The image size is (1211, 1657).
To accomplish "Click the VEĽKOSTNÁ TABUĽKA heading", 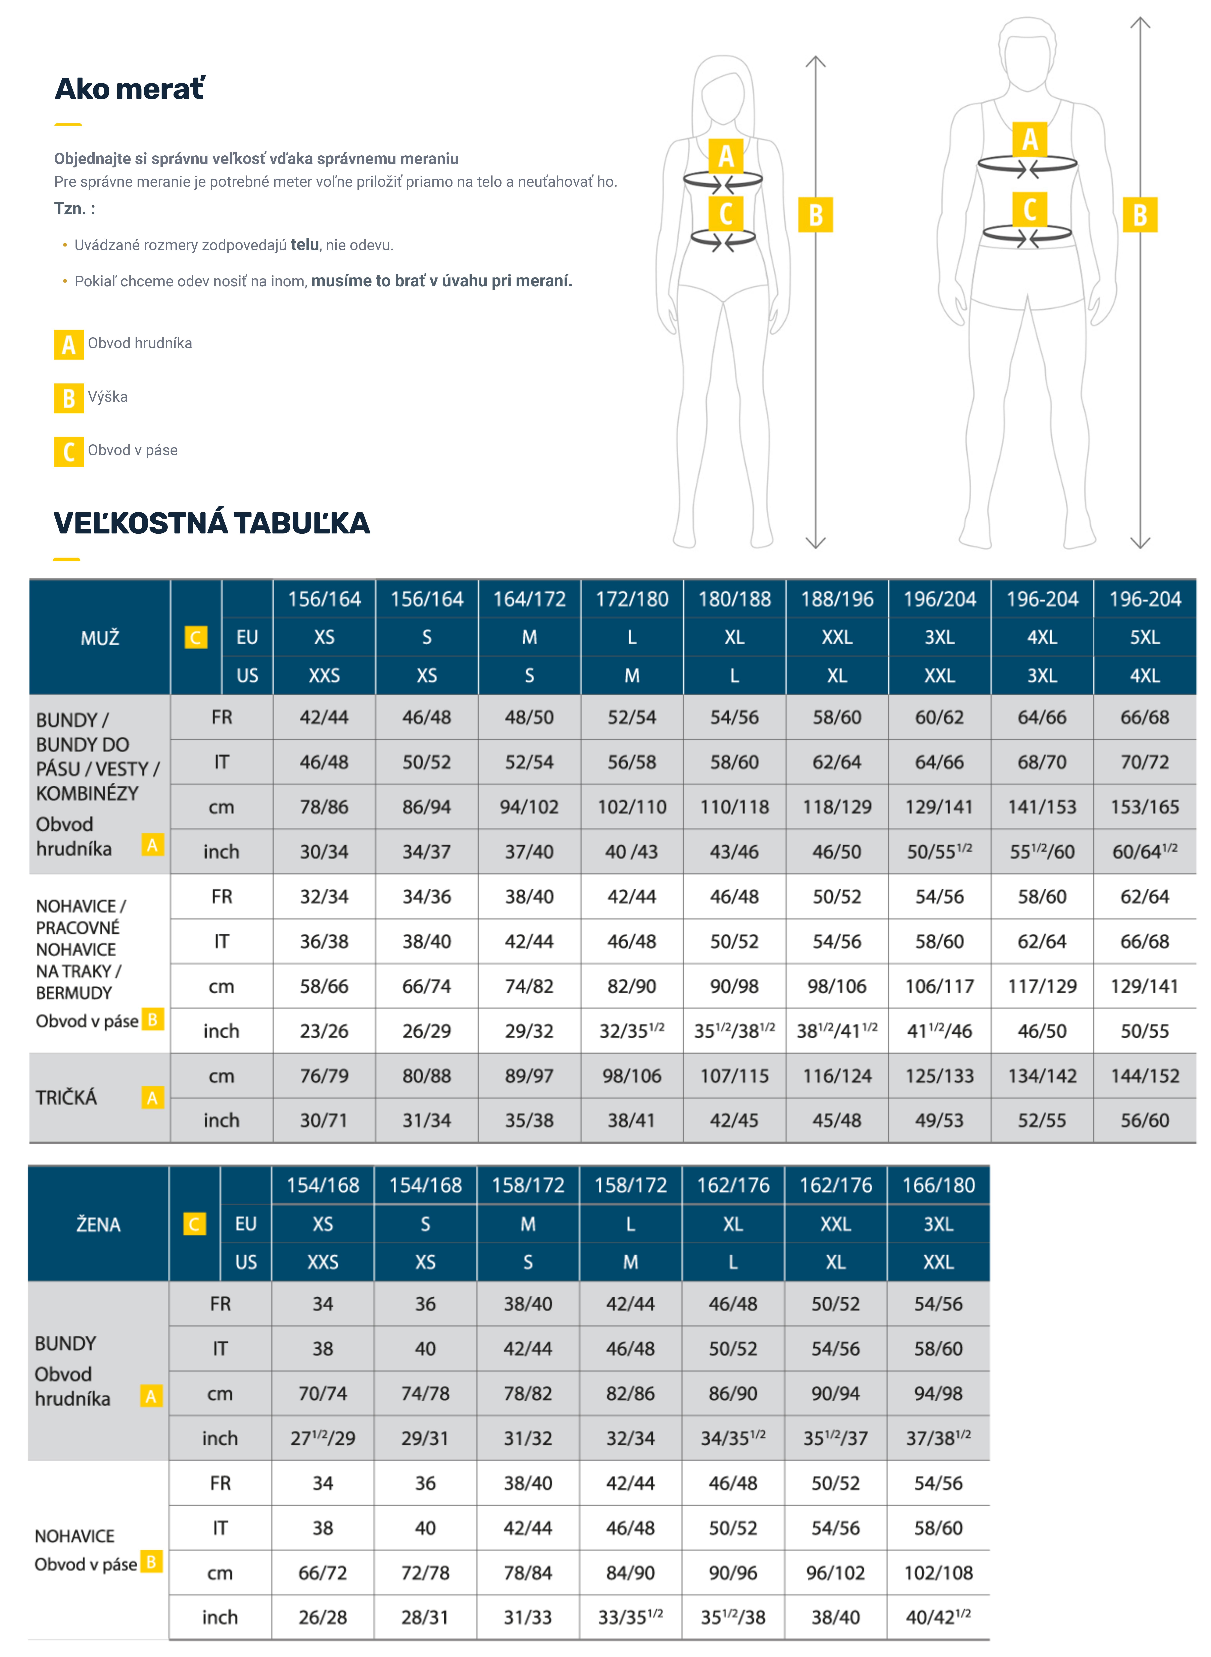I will pos(212,523).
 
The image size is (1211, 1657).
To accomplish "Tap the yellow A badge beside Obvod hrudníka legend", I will pos(68,345).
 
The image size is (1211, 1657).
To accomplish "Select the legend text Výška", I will pos(108,397).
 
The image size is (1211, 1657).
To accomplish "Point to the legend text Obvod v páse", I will pos(133,450).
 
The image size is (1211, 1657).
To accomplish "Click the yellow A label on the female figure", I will pos(726,155).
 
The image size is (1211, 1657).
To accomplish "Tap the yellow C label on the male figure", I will pos(1029,210).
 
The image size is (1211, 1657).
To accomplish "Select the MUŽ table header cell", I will pos(100,638).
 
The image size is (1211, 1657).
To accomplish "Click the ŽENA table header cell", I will pos(98,1224).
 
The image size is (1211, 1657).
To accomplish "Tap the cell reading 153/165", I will pos(1144,807).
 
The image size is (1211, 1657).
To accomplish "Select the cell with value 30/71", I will pos(323,1120).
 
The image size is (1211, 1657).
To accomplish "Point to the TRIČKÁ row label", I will pos(67,1097).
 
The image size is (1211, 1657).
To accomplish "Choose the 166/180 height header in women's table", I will pos(938,1185).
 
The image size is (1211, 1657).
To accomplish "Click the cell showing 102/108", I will pos(938,1573).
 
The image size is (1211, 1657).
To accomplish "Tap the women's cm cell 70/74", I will pos(323,1393).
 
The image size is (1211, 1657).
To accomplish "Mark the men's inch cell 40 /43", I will pos(631,851).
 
